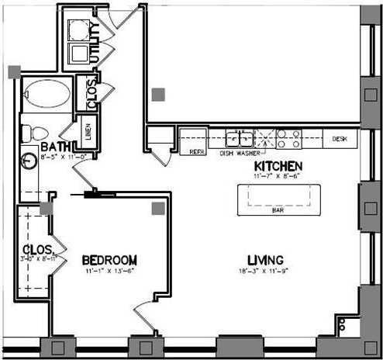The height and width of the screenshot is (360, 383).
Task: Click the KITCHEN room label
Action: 278,167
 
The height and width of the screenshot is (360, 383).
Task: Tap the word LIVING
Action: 264,259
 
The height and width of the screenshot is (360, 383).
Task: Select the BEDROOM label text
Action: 109,259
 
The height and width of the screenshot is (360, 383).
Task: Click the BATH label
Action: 55,147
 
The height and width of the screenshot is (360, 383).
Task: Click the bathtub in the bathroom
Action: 45,97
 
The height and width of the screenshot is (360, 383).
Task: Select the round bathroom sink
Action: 29,161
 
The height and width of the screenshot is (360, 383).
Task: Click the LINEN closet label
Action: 88,131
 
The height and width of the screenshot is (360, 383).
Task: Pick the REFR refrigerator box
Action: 197,152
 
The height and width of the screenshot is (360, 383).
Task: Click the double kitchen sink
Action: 239,139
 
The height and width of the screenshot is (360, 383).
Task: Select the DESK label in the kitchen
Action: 339,139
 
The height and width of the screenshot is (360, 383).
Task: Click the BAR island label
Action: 276,209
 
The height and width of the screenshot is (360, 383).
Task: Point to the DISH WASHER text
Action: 239,153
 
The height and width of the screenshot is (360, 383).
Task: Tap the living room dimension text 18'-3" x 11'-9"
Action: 264,272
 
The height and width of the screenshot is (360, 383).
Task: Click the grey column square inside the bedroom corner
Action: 158,208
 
